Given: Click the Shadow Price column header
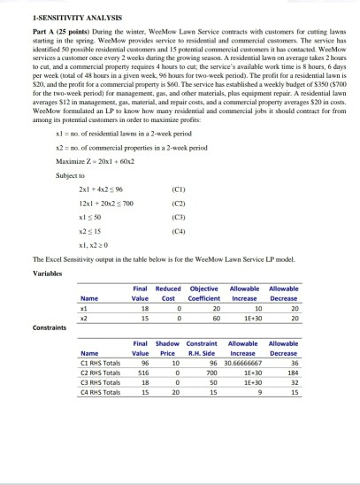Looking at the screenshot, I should [x=166, y=346].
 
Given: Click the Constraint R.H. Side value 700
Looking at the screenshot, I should [x=211, y=373].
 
